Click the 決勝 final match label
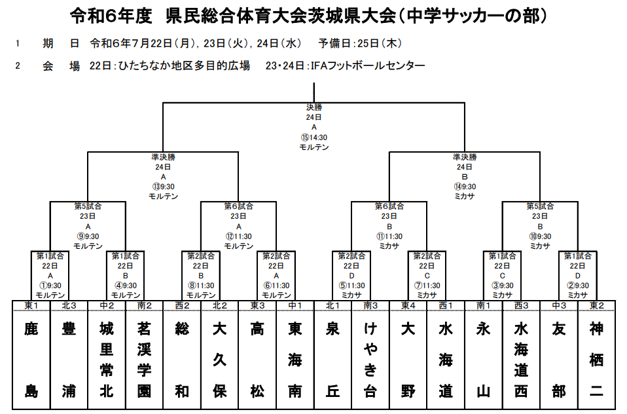click(x=314, y=107)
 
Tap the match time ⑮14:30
click(x=314, y=138)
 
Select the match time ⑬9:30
click(x=163, y=187)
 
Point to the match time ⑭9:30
click(x=465, y=187)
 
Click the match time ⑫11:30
click(x=239, y=236)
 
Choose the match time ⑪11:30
click(x=389, y=236)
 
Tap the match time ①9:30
click(x=50, y=286)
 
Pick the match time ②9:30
click(x=578, y=286)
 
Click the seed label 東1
click(x=31, y=305)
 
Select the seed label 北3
click(x=69, y=305)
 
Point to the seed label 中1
click(x=295, y=305)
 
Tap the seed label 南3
click(x=370, y=305)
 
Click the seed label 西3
click(x=521, y=305)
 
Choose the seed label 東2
click(x=597, y=305)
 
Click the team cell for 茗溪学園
click(x=145, y=360)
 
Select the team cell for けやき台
click(x=370, y=360)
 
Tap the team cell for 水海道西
click(x=521, y=360)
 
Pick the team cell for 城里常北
click(x=107, y=360)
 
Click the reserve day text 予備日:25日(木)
click(x=360, y=43)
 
